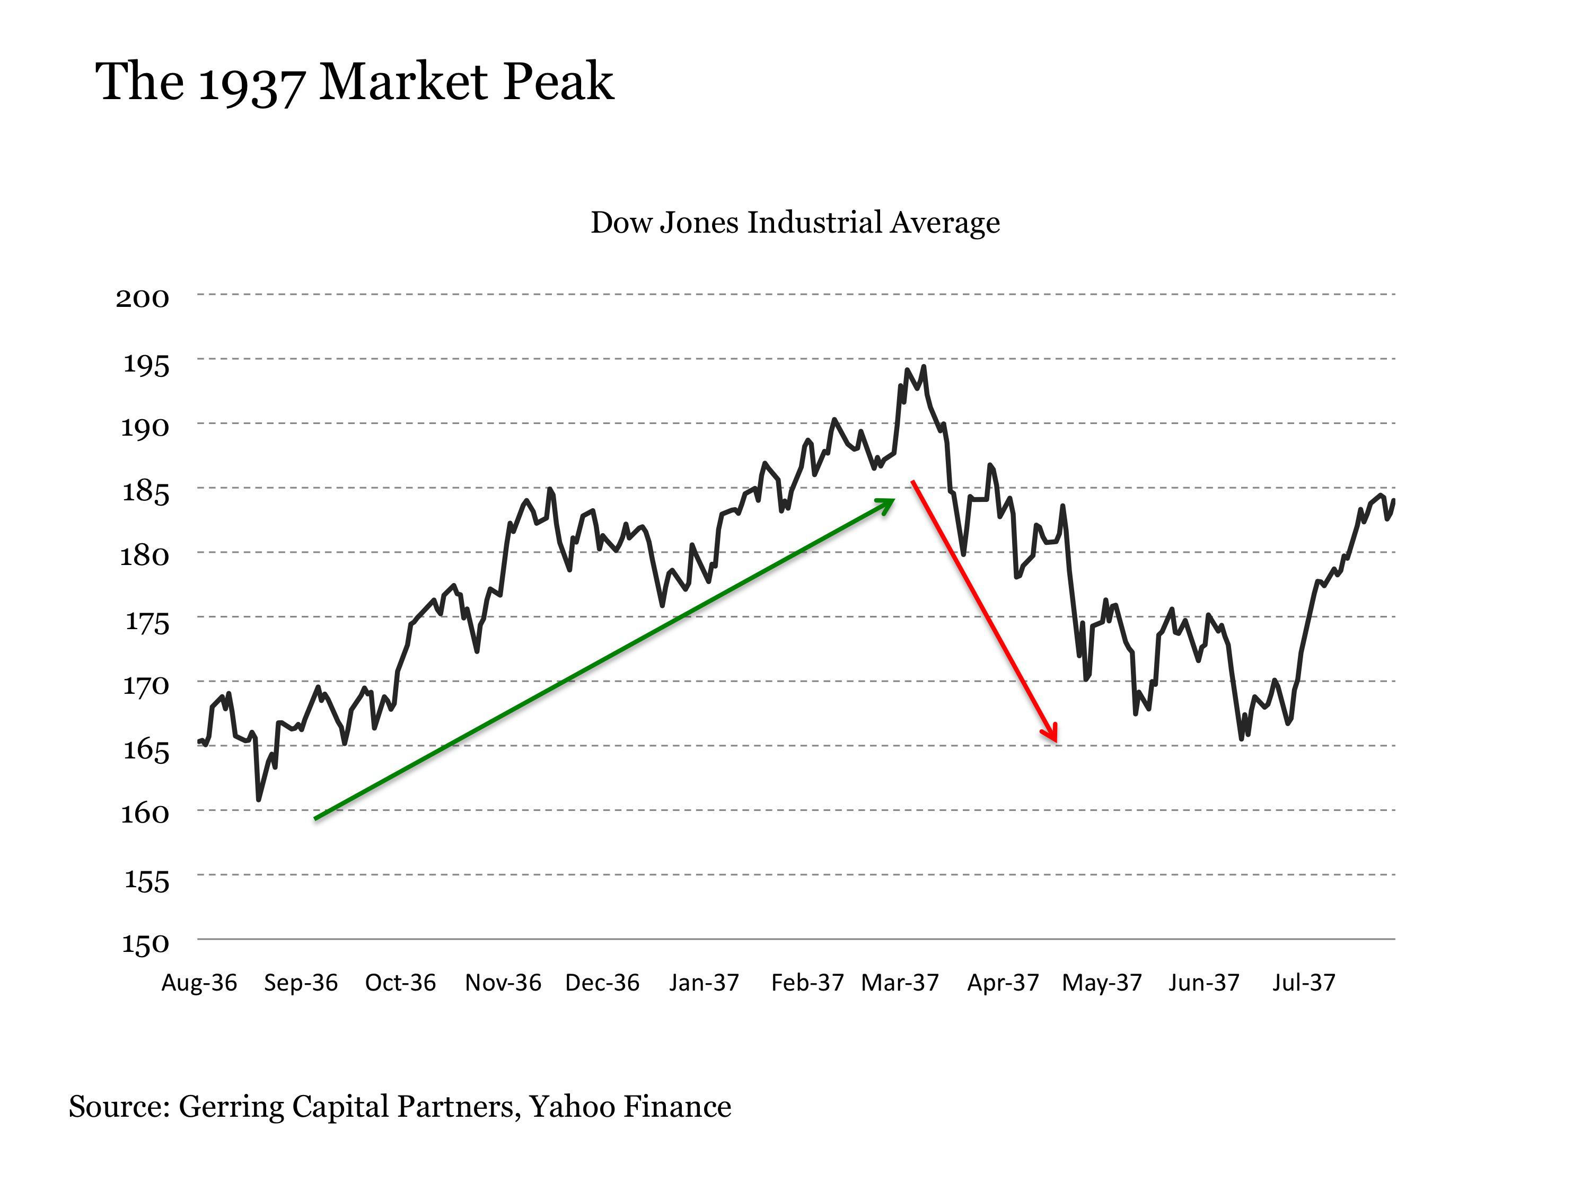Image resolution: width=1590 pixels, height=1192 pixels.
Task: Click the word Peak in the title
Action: tap(558, 81)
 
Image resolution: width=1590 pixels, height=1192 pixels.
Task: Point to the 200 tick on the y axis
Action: tap(142, 298)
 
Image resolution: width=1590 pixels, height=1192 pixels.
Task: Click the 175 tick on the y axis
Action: tap(147, 622)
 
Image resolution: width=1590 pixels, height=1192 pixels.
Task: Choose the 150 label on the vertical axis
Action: tap(145, 943)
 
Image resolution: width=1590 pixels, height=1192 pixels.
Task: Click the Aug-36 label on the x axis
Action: tap(199, 982)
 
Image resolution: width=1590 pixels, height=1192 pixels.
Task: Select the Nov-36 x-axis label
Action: tap(503, 982)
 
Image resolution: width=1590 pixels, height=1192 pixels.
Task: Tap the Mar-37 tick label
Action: tap(900, 982)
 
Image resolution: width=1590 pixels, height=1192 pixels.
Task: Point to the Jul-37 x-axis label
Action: tap(1303, 982)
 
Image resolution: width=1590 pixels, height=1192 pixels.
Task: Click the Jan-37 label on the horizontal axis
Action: tap(704, 982)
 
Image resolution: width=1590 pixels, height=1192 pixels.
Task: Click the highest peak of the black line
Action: tap(924, 367)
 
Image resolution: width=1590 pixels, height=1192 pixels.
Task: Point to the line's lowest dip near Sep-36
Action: tap(259, 799)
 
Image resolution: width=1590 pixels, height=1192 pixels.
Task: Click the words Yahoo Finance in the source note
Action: tap(630, 1107)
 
